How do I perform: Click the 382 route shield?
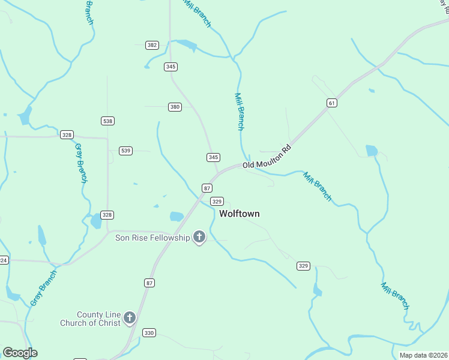click(x=152, y=45)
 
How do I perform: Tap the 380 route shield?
click(x=175, y=107)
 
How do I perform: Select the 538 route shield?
click(x=107, y=121)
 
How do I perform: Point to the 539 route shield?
click(x=125, y=151)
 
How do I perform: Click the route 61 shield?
click(x=332, y=103)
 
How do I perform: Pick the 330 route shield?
click(x=149, y=332)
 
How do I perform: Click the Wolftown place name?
click(x=240, y=214)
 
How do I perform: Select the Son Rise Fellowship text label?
click(x=152, y=238)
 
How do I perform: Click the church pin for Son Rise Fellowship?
click(x=199, y=238)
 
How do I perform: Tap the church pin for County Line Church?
click(x=130, y=318)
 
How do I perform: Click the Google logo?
click(x=20, y=353)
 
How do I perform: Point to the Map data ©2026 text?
click(x=423, y=355)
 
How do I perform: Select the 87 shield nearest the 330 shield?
click(x=149, y=282)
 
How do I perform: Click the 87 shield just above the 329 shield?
click(x=207, y=188)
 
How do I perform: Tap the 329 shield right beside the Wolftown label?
click(x=218, y=202)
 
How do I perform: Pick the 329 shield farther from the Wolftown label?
click(x=303, y=266)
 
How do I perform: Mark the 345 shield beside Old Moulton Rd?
click(x=213, y=157)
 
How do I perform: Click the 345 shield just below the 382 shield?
click(x=170, y=67)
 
